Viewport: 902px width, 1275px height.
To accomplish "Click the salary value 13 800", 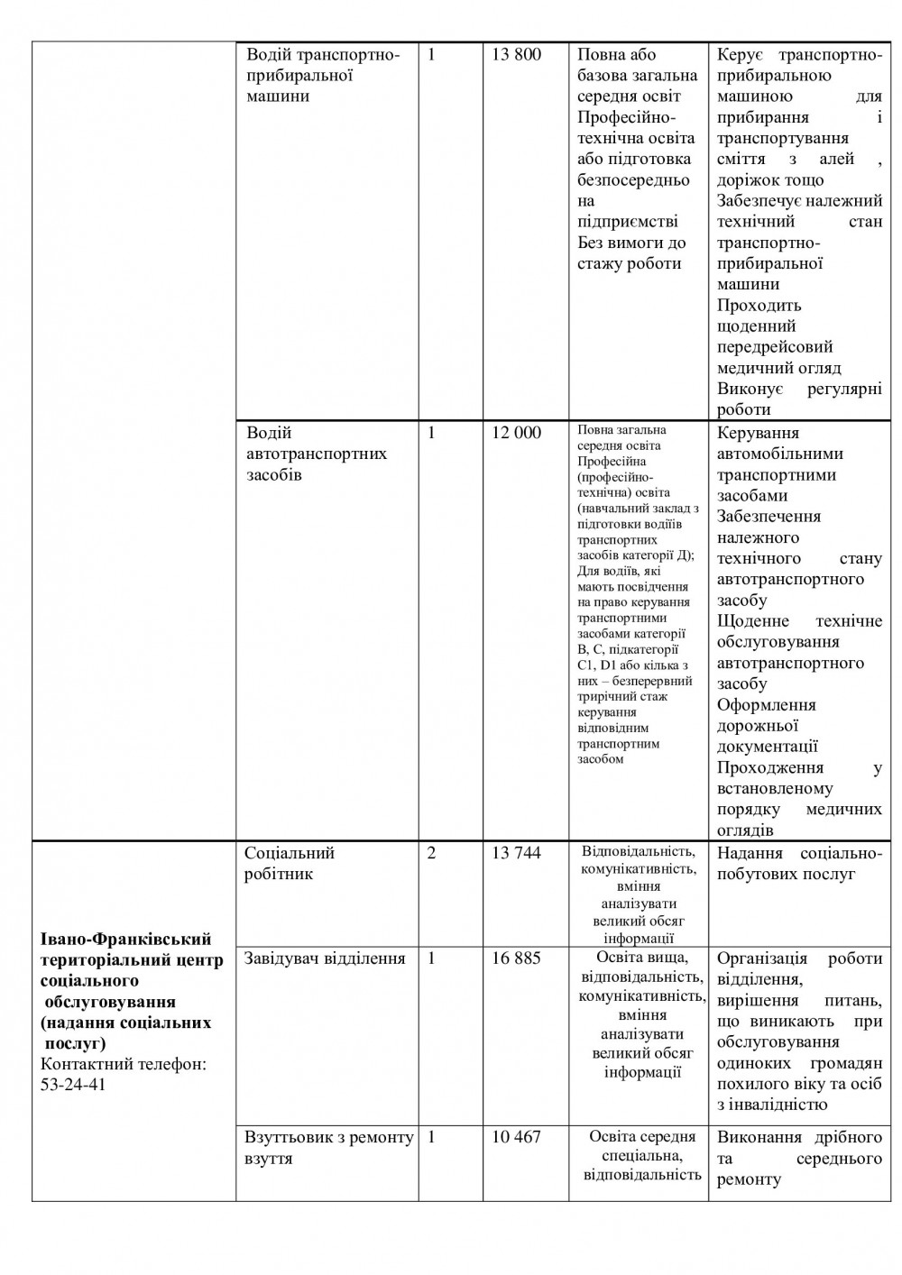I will pyautogui.click(x=516, y=55).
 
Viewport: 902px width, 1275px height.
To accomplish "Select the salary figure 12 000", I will pyautogui.click(x=516, y=433).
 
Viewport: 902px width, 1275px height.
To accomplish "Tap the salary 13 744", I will pyautogui.click(x=516, y=853).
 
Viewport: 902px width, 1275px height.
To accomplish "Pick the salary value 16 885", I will pyautogui.click(x=516, y=959).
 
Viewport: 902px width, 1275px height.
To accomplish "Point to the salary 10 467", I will pyautogui.click(x=516, y=1137).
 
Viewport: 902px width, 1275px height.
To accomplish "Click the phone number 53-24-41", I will pyautogui.click(x=73, y=1085).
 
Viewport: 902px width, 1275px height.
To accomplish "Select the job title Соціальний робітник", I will pyautogui.click(x=290, y=864).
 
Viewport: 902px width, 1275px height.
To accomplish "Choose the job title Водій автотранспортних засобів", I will pyautogui.click(x=316, y=454).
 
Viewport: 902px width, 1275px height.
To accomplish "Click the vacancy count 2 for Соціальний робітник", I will pyautogui.click(x=431, y=853).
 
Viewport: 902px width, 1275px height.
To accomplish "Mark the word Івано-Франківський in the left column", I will pyautogui.click(x=126, y=940).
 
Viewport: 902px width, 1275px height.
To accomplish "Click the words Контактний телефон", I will pyautogui.click(x=124, y=1064).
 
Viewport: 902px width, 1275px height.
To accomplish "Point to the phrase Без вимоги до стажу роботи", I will pyautogui.click(x=631, y=253).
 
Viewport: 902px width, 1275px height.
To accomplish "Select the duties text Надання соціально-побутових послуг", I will pyautogui.click(x=799, y=864).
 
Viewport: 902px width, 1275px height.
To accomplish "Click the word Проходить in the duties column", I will pyautogui.click(x=759, y=306).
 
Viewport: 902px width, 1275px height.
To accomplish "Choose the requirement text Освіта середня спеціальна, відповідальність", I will pyautogui.click(x=642, y=1156).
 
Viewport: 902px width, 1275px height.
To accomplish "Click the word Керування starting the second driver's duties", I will pyautogui.click(x=760, y=434).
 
